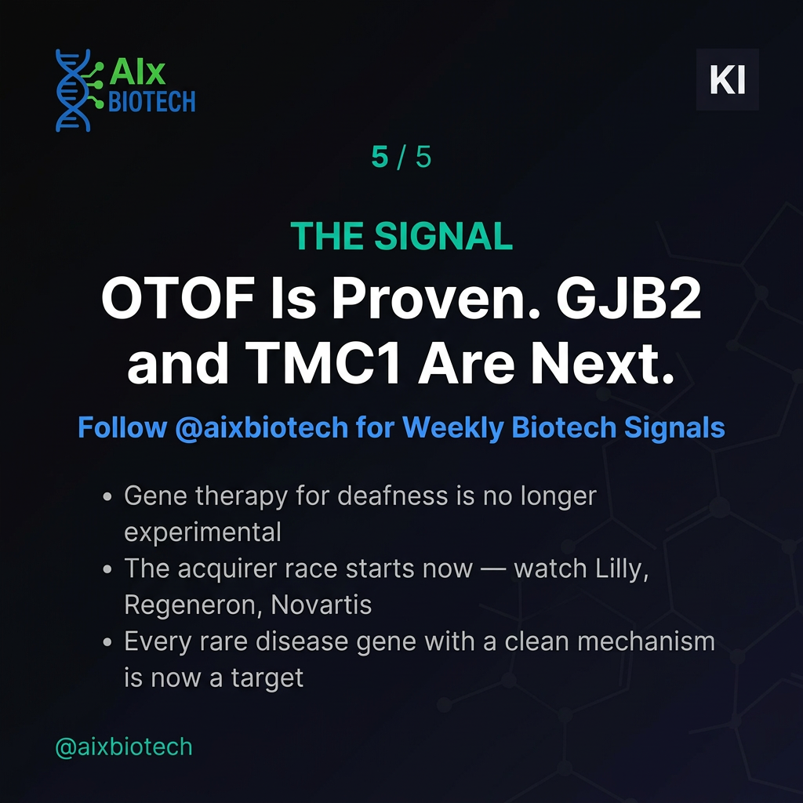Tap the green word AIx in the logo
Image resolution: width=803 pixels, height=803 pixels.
point(137,72)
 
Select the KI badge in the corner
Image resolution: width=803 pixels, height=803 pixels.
point(727,79)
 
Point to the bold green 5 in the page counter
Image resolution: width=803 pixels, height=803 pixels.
point(380,158)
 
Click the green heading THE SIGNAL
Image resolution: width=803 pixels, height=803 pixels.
point(401,237)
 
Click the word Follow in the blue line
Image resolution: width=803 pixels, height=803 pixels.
point(122,428)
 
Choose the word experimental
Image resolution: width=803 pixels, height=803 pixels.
point(202,532)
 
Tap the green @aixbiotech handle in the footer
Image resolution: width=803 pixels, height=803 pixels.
point(124,747)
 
